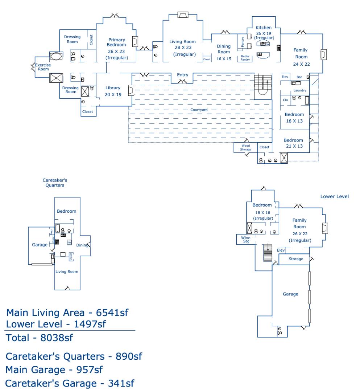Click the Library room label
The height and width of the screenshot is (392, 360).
pyautogui.click(x=113, y=88)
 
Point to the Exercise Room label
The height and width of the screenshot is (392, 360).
pyautogui.click(x=43, y=67)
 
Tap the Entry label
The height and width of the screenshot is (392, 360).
pyautogui.click(x=182, y=75)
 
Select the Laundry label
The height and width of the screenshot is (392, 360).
pyautogui.click(x=300, y=90)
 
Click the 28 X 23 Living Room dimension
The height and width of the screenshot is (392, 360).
pyautogui.click(x=182, y=48)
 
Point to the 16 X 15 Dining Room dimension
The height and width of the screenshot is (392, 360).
pyautogui.click(x=224, y=58)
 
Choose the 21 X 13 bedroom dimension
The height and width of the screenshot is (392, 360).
pyautogui.click(x=293, y=146)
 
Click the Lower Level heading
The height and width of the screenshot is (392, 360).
pyautogui.click(x=334, y=196)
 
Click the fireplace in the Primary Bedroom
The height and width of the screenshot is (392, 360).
pyautogui.click(x=135, y=42)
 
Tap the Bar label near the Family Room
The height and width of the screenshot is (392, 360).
pyautogui.click(x=299, y=77)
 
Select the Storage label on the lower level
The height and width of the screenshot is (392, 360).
pyautogui.click(x=296, y=259)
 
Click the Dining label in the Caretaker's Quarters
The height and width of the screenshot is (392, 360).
pyautogui.click(x=82, y=245)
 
